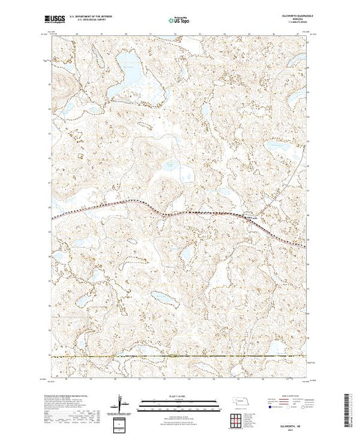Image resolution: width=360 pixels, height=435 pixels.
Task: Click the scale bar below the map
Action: click(x=180, y=401)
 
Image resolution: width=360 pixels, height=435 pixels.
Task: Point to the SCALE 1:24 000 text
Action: click(x=180, y=394)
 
